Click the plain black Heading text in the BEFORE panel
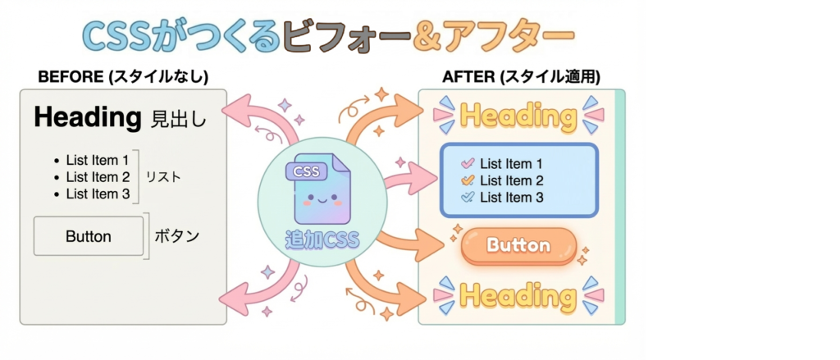[88, 118]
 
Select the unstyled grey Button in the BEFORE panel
[89, 236]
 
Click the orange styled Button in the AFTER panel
[518, 245]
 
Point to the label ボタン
[177, 236]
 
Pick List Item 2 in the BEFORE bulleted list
[98, 176]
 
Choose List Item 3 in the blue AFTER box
[511, 198]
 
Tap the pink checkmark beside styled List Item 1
[468, 163]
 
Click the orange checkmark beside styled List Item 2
[468, 180]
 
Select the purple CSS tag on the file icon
[306, 171]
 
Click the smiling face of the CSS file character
[322, 199]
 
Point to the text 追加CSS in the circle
[322, 240]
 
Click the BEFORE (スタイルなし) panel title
[123, 77]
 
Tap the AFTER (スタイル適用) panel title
[521, 77]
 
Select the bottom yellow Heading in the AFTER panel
[518, 295]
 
